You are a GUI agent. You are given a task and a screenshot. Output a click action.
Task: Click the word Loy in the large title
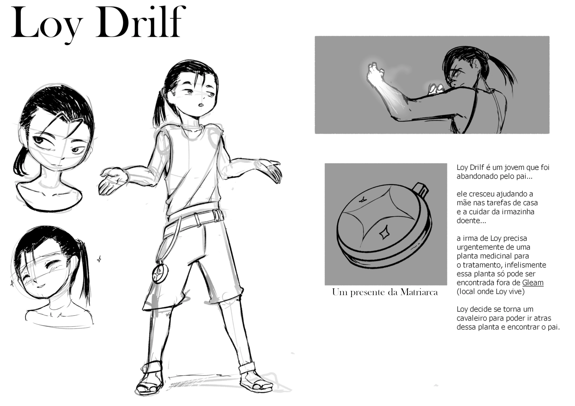(47, 25)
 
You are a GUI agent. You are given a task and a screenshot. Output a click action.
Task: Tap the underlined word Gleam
(533, 283)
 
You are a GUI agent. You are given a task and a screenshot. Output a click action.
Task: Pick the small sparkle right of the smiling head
(99, 259)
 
